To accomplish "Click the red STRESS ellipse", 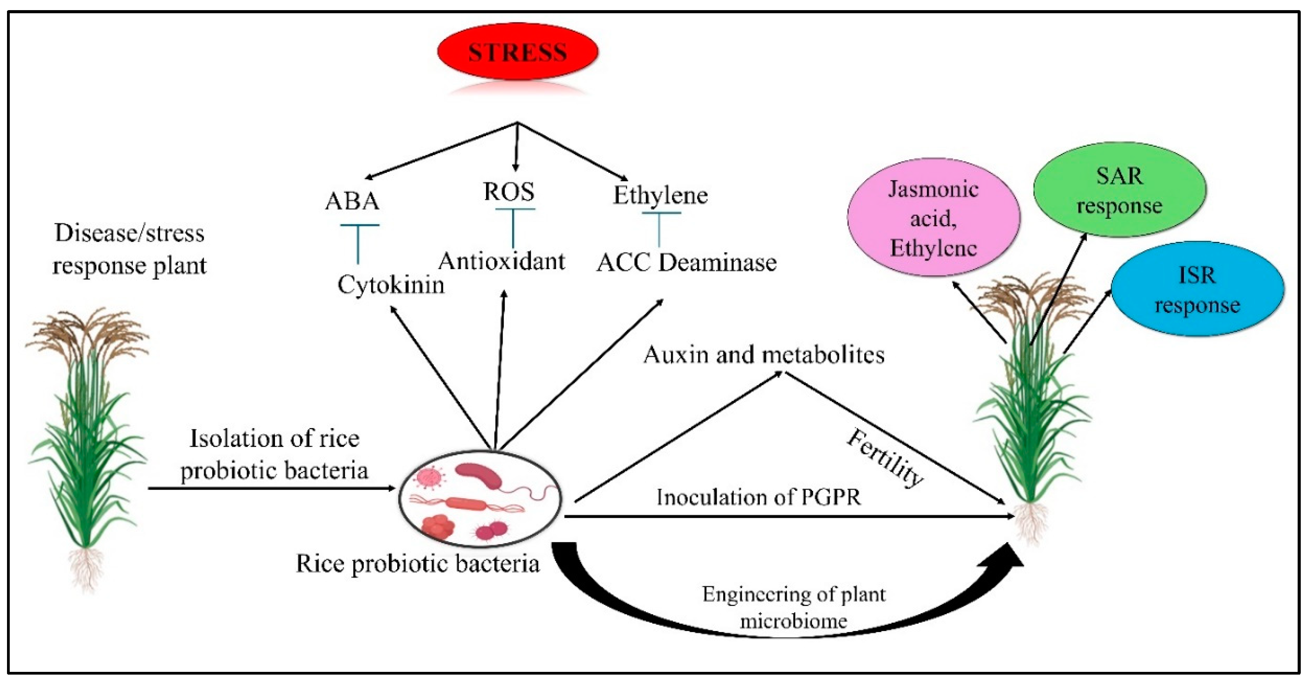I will pyautogui.click(x=517, y=52).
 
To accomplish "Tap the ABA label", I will pyautogui.click(x=352, y=201).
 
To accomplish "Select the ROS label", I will pyautogui.click(x=509, y=192).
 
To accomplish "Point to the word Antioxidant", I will pyautogui.click(x=502, y=261).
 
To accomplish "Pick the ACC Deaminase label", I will pyautogui.click(x=686, y=263).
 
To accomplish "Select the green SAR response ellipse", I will pyautogui.click(x=1119, y=190).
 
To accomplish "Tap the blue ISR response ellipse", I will pyautogui.click(x=1197, y=289).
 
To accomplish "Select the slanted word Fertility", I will pyautogui.click(x=884, y=458).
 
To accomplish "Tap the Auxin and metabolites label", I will pyautogui.click(x=764, y=354).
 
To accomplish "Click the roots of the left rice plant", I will pyautogui.click(x=87, y=569).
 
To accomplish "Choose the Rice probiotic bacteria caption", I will pyautogui.click(x=417, y=564).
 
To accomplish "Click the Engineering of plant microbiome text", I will pyautogui.click(x=794, y=607).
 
